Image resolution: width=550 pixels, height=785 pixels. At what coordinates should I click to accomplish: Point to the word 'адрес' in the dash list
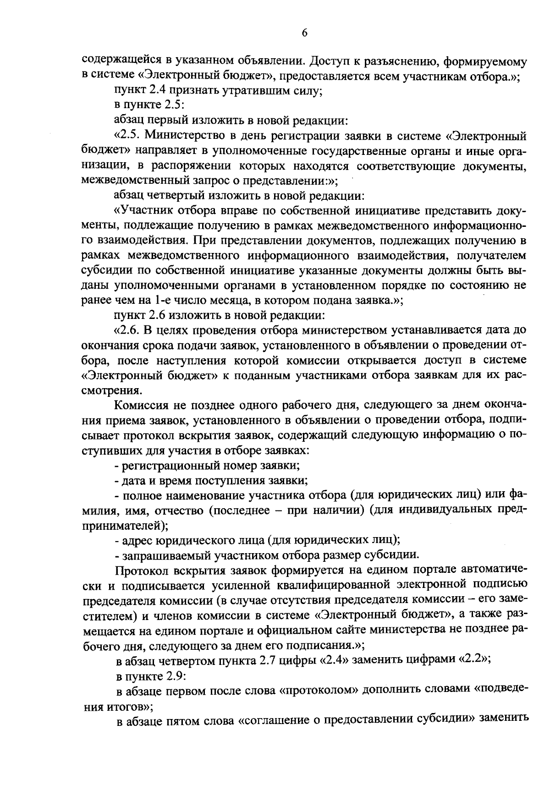coord(133,540)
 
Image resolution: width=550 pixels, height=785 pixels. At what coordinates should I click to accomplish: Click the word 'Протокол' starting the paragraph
coord(142,571)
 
